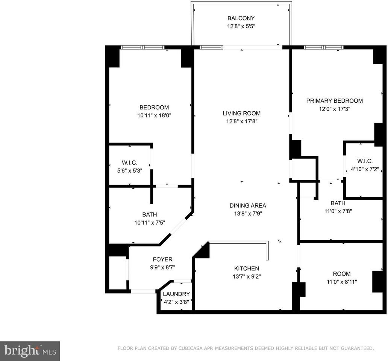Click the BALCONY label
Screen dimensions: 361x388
[241, 18]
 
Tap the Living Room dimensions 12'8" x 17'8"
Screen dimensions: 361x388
[241, 121]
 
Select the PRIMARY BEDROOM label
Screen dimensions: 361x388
[334, 100]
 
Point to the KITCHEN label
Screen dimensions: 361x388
[247, 268]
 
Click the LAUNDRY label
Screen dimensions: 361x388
[176, 294]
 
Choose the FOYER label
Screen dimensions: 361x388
[162, 259]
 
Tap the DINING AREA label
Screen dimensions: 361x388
[248, 205]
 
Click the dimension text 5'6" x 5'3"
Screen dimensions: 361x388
[129, 170]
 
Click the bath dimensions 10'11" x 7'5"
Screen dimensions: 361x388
[149, 222]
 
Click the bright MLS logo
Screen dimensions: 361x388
[30, 351]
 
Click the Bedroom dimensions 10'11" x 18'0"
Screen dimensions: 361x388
[154, 115]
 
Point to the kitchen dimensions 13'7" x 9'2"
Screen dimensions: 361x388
[247, 276]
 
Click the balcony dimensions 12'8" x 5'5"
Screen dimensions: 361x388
[241, 26]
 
